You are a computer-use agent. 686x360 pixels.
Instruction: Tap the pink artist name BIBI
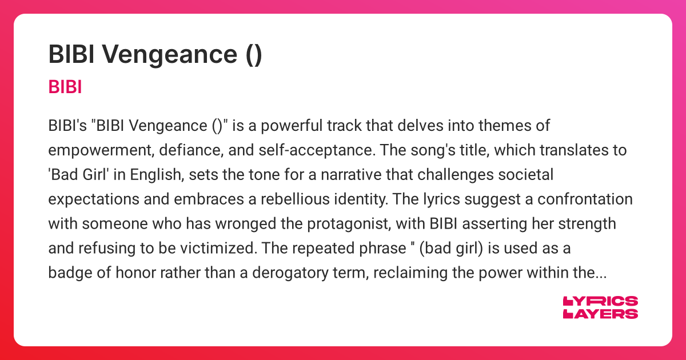(x=65, y=87)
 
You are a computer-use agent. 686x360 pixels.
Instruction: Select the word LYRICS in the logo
(x=600, y=302)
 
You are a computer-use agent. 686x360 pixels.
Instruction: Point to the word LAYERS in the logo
(x=600, y=314)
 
